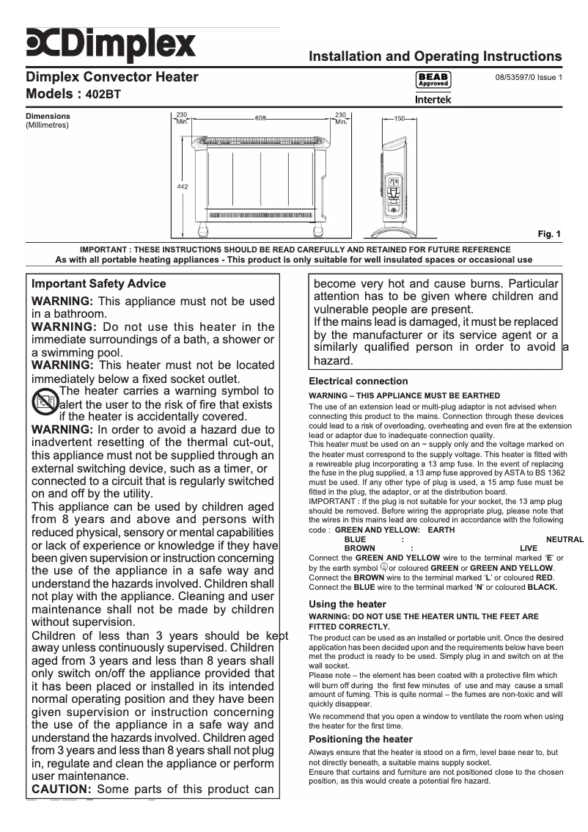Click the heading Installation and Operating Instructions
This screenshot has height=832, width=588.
(x=436, y=56)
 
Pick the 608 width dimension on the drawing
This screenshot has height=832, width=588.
(x=261, y=118)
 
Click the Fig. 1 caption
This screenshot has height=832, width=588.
(x=549, y=235)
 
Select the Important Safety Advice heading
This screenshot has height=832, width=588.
(x=99, y=284)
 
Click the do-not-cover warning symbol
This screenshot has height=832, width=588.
(x=45, y=401)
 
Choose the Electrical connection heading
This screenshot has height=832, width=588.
(x=359, y=382)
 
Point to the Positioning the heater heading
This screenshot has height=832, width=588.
(x=361, y=739)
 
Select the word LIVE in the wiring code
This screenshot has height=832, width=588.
(x=528, y=548)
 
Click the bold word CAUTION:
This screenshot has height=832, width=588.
(x=61, y=789)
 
